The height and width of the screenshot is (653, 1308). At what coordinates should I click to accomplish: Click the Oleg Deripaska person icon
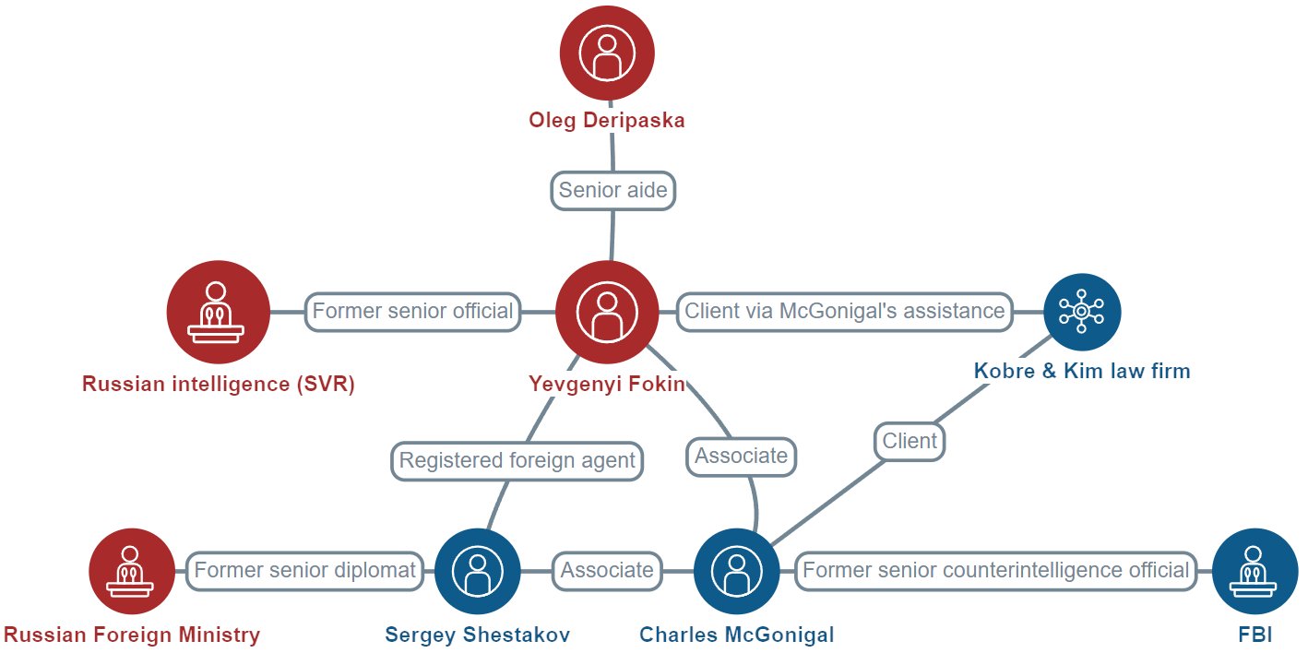pos(608,53)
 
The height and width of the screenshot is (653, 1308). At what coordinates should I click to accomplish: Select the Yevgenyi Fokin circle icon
pos(607,312)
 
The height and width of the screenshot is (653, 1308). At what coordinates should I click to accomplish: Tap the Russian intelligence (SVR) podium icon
pos(218,312)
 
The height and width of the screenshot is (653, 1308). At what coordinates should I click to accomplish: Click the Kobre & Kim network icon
pos(1082,312)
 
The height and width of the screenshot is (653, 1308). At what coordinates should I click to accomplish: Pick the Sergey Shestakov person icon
pos(477,571)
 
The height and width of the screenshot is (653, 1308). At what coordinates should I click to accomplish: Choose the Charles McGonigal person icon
pos(736,571)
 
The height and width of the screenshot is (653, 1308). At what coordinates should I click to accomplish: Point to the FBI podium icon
pos(1254,571)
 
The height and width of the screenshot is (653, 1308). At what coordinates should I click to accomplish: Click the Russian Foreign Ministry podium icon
pos(131,571)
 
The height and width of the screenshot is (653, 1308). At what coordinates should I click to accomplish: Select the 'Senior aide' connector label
pos(613,191)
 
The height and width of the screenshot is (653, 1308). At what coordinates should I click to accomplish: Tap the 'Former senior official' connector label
pos(412,311)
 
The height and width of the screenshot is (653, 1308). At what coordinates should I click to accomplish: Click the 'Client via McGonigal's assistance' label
pos(844,311)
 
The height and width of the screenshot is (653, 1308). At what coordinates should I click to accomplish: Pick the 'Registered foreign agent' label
pos(517,460)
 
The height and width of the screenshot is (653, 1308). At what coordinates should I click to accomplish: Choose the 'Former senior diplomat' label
pos(305,571)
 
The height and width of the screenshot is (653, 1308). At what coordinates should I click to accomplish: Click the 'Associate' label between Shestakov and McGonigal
pos(607,571)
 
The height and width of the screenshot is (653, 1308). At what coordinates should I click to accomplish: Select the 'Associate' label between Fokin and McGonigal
pos(742,456)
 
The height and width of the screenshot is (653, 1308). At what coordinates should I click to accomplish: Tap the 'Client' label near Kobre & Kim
pos(910,441)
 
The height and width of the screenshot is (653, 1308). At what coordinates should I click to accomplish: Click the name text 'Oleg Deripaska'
pos(607,121)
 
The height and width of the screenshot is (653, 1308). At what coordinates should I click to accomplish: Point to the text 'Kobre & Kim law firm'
pos(1082,371)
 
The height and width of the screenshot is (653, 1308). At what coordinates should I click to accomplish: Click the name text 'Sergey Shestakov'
pos(478,635)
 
